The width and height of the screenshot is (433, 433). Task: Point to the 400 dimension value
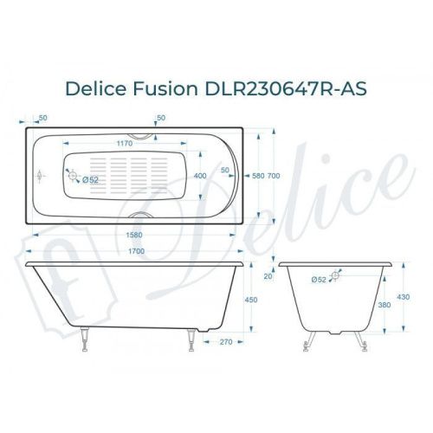(200, 177)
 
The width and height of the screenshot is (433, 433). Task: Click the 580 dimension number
(257, 177)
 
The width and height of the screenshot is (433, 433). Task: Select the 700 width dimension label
(275, 177)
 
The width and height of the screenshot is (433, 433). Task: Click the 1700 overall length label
(132, 251)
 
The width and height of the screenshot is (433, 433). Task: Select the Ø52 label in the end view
(317, 280)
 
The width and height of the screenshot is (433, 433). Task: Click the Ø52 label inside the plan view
(91, 179)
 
